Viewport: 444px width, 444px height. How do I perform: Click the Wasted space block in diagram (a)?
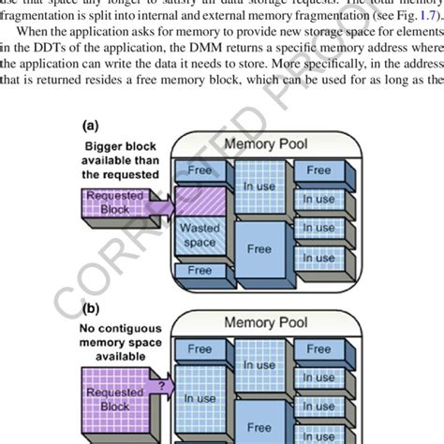pos(200,234)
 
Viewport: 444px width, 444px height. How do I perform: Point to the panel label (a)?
pos(91,125)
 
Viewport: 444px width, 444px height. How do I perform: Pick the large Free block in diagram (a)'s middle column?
pos(259,249)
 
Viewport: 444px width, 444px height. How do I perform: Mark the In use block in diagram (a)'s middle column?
pos(259,187)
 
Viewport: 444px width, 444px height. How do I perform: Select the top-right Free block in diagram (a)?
pos(318,170)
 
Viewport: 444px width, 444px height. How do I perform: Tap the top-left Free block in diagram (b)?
pos(200,348)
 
